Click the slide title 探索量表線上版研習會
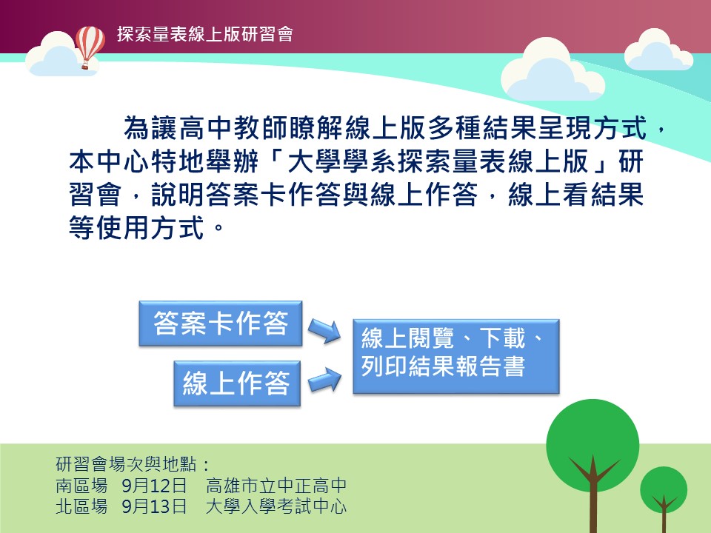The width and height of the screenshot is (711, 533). tap(205, 34)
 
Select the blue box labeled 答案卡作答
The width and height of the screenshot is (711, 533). tap(221, 324)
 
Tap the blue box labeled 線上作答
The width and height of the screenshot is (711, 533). tap(237, 383)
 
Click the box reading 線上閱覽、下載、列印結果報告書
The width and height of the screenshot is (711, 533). tap(456, 356)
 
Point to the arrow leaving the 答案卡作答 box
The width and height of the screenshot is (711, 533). tap(324, 330)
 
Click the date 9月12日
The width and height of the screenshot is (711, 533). tap(154, 486)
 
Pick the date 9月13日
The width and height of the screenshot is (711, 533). tap(154, 506)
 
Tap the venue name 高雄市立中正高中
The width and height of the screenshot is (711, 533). tap(276, 486)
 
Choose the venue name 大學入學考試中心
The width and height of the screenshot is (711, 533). tap(276, 506)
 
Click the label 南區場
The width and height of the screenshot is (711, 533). tap(81, 486)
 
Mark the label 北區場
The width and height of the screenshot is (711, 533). tap(81, 506)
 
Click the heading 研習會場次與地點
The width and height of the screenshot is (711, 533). tap(127, 464)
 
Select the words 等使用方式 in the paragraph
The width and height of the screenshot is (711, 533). tap(136, 227)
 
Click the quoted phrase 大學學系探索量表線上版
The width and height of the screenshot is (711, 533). tap(438, 161)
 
